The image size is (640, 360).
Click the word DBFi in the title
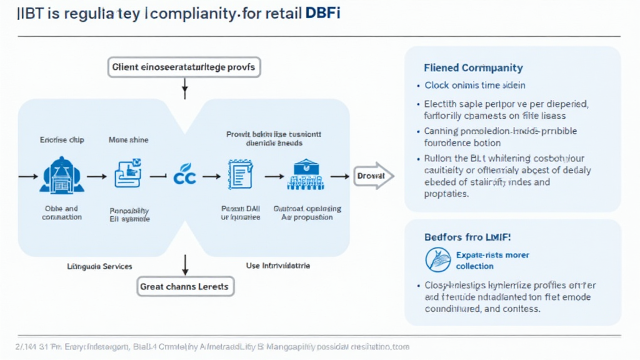pyautogui.click(x=322, y=14)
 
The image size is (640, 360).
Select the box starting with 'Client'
pyautogui.click(x=184, y=67)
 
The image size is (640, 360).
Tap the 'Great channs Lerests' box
pyautogui.click(x=184, y=287)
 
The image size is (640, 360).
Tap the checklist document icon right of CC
pyautogui.click(x=241, y=176)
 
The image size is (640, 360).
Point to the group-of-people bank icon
pyautogui.click(x=306, y=176)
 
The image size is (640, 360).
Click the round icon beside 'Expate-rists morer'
pyautogui.click(x=438, y=259)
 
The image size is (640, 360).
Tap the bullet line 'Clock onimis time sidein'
pyautogui.click(x=474, y=85)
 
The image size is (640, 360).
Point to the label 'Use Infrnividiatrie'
pyautogui.click(x=278, y=266)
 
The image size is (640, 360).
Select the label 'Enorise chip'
pyautogui.click(x=62, y=140)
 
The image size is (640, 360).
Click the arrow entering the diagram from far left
pyautogui.click(x=27, y=177)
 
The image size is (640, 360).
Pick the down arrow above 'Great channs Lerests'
pyautogui.click(x=185, y=264)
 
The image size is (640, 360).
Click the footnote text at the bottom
pyautogui.click(x=212, y=346)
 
